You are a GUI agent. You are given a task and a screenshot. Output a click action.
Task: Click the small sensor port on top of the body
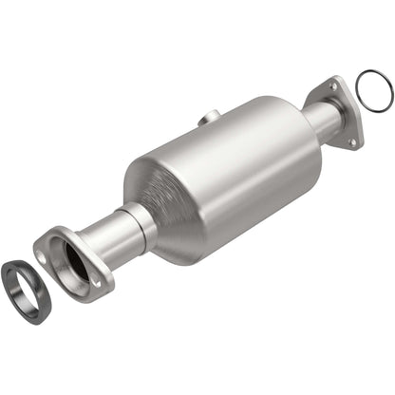pyautogui.click(x=203, y=118)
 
